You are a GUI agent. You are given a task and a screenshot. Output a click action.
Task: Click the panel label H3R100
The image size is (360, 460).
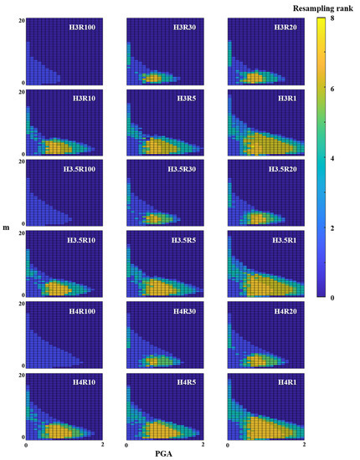[x=85, y=27]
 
